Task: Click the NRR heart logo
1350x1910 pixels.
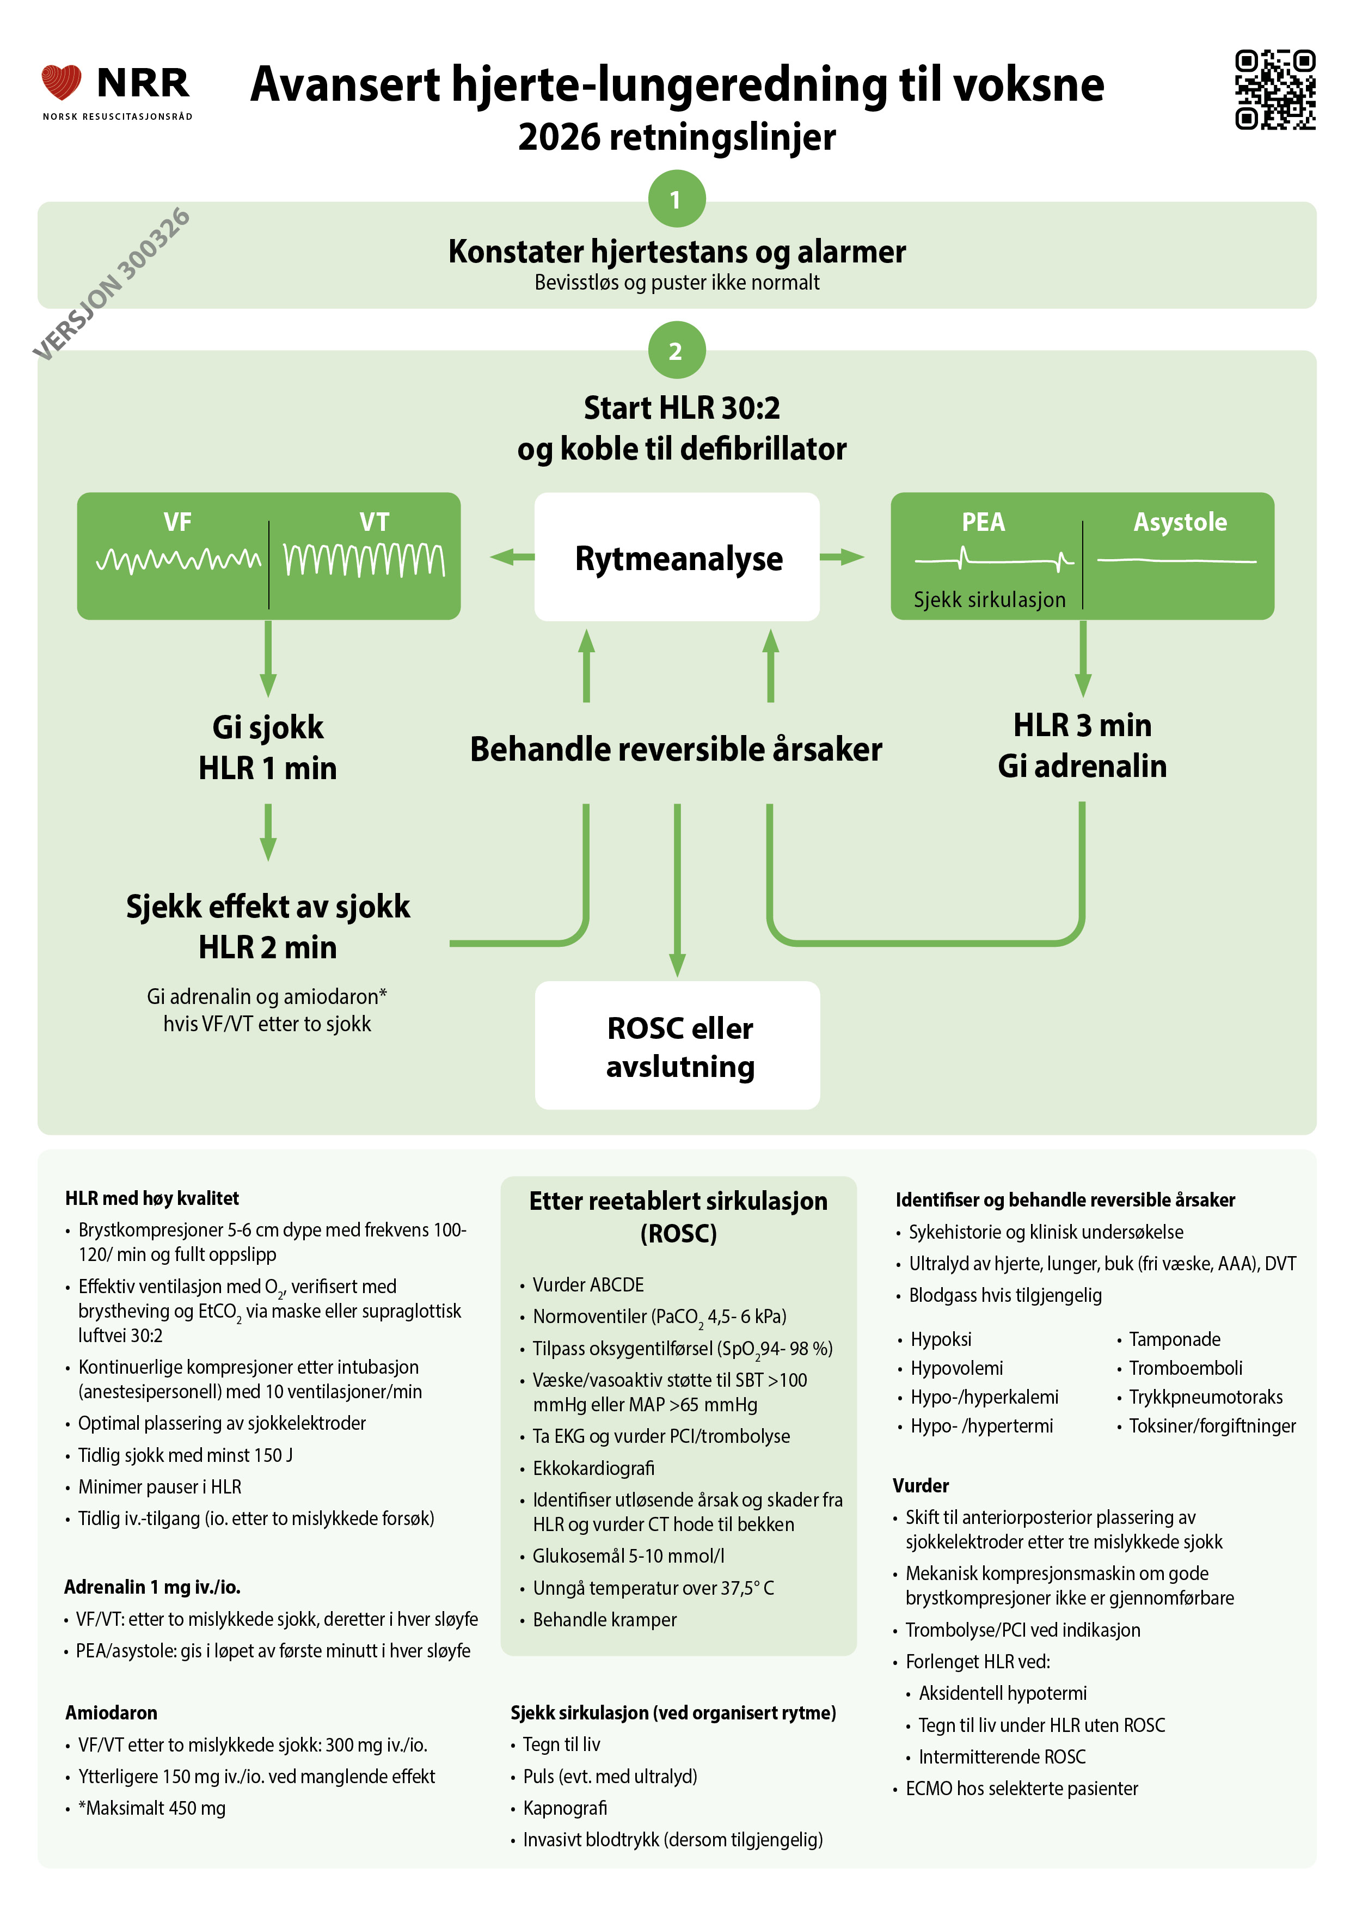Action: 62,82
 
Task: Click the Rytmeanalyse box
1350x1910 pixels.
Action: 677,558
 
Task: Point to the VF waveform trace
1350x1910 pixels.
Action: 178,560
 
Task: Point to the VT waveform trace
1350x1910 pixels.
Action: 364,560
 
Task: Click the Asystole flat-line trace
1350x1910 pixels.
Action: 1176,561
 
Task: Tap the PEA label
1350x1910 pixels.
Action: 983,523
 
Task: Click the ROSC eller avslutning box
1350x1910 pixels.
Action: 677,1046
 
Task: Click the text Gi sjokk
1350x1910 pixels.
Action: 268,727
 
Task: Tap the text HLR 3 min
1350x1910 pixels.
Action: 1082,725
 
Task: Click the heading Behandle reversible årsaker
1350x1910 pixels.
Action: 676,749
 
